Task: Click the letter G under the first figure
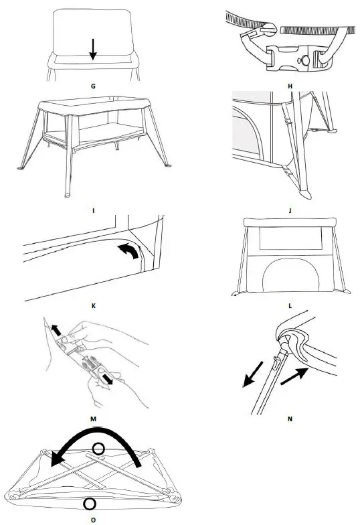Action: click(92, 86)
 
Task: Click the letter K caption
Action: click(92, 305)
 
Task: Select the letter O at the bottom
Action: click(92, 517)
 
